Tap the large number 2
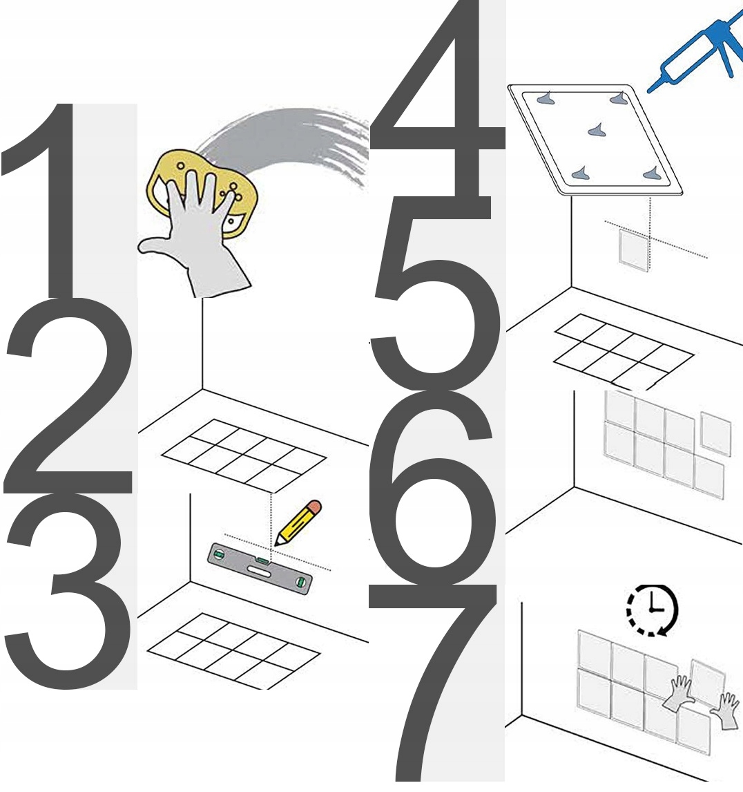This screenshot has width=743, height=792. pos(68,399)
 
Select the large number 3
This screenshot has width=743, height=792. pos(68,591)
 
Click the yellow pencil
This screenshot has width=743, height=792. pos(298,522)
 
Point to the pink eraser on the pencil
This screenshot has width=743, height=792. pos(313,507)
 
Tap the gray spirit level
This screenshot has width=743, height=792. pos(260,569)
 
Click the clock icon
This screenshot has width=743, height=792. pos(652,609)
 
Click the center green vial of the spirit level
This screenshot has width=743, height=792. pos(262,560)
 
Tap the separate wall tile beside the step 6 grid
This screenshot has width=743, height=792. pos(716,433)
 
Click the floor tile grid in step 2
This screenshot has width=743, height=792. pos(244,455)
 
